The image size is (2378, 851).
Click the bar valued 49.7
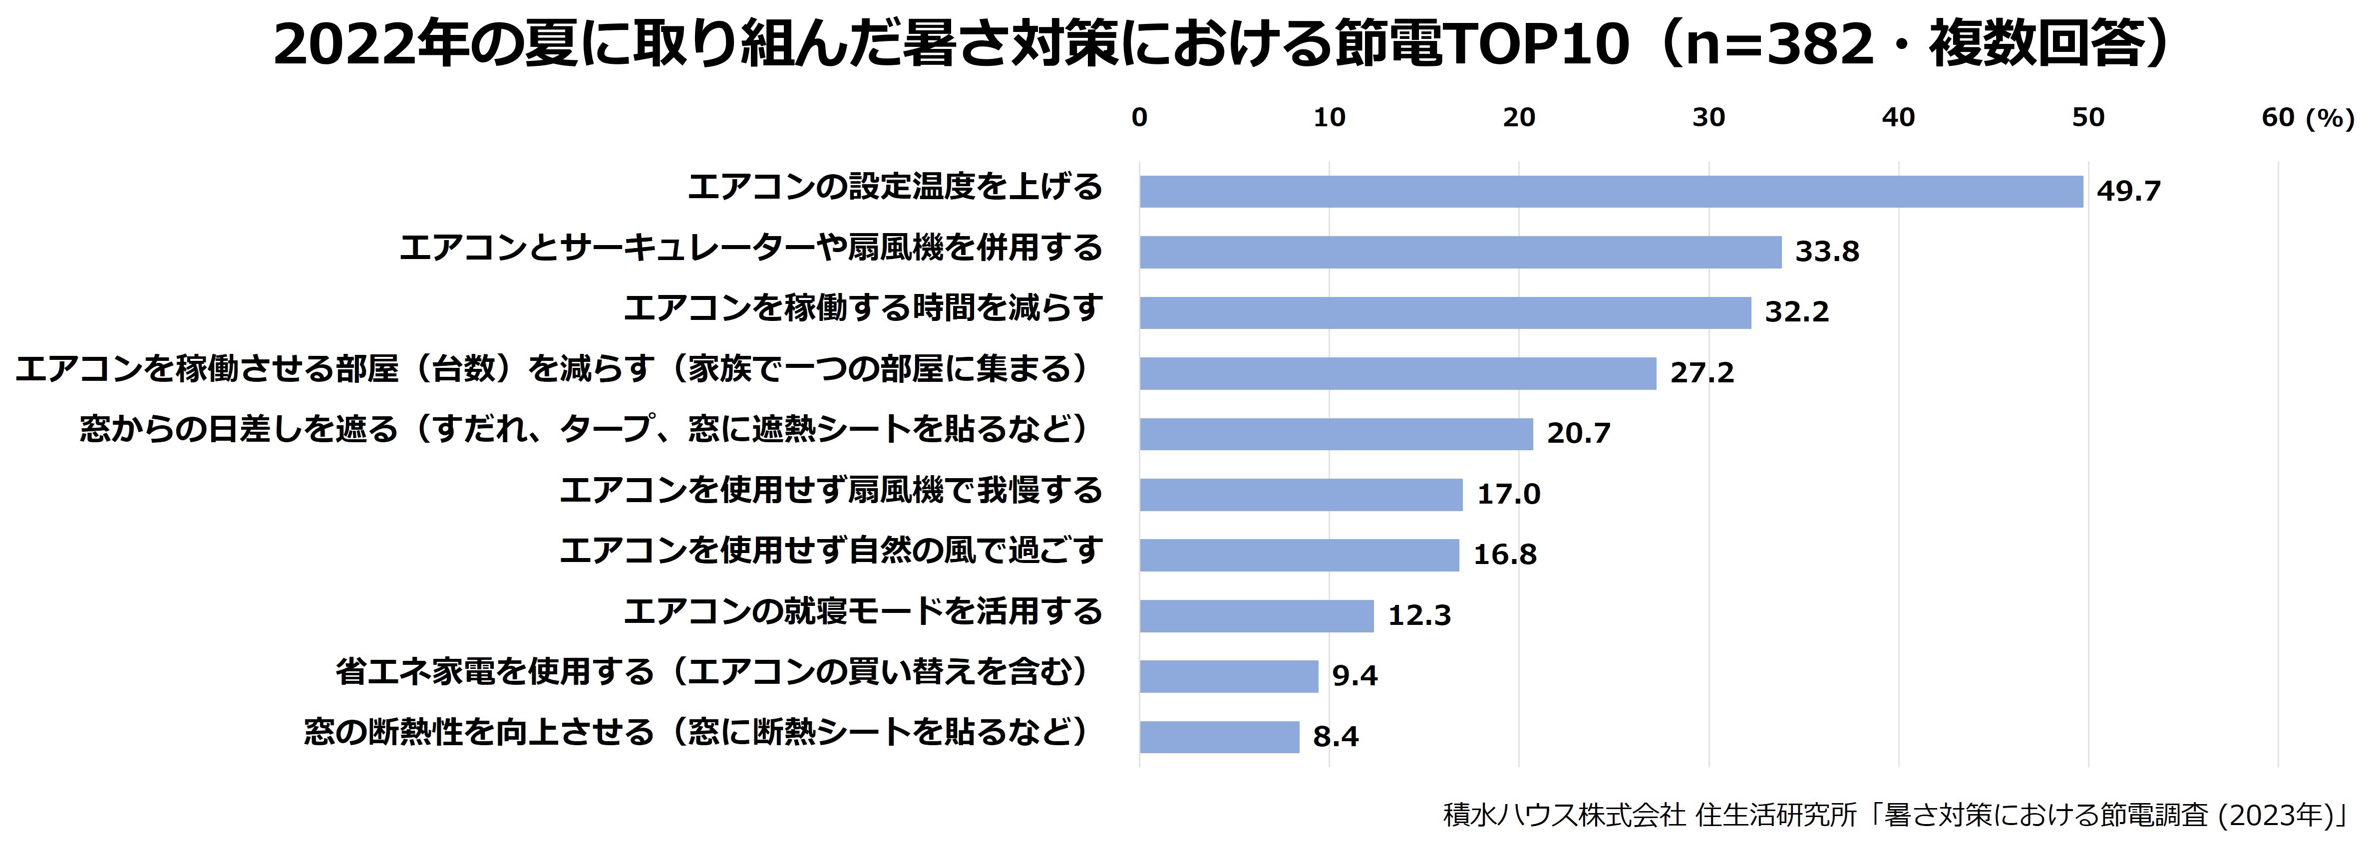1611,191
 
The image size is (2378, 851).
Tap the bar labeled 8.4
1219,737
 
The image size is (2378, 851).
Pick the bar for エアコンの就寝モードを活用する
1256,615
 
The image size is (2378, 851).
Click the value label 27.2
1701,373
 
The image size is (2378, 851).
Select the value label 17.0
1508,494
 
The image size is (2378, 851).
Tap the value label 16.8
1505,555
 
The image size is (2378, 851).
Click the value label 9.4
1354,676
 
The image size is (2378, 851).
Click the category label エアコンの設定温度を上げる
895,187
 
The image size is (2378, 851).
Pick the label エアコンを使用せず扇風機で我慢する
831,490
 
